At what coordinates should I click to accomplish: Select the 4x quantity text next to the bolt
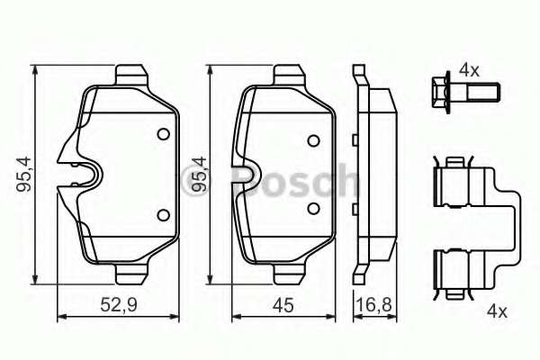tap(470, 68)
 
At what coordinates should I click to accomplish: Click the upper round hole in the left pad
tap(163, 135)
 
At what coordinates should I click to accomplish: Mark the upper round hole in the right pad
tap(312, 140)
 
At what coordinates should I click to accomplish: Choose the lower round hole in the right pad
tap(312, 209)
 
